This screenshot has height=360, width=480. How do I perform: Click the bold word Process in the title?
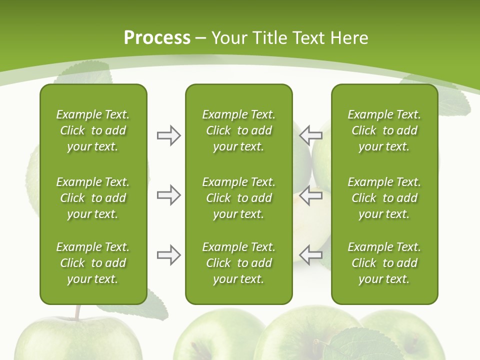pos(157,38)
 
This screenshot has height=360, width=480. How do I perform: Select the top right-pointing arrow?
pos(168,135)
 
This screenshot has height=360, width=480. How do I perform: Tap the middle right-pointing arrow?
pos(168,195)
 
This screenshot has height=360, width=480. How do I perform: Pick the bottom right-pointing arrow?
pos(168,255)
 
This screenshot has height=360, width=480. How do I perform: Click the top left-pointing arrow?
pos(311,135)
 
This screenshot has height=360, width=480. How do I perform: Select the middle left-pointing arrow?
pos(311,195)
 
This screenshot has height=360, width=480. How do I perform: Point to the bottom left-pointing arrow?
pos(311,254)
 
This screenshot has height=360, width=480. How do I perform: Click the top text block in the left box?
pos(93,130)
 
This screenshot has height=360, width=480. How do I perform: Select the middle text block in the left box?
pos(93,198)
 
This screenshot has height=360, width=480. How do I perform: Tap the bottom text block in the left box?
pos(93,263)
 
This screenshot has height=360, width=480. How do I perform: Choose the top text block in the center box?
pos(238,130)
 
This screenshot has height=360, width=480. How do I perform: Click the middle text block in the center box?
pos(238,198)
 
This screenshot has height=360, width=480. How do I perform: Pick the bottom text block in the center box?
pos(238,263)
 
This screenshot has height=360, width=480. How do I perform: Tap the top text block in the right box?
pos(384,130)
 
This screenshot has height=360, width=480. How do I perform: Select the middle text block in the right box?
pos(384,198)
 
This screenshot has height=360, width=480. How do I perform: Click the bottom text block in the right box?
pos(384,263)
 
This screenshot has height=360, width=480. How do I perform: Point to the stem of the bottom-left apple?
pos(77,312)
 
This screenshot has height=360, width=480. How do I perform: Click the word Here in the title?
pos(349,38)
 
